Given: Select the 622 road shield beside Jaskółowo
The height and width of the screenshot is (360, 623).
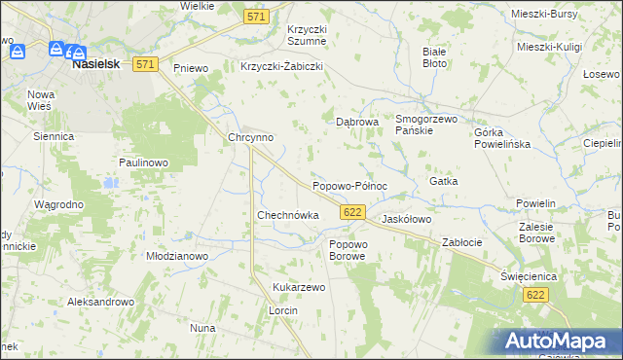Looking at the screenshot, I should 353,212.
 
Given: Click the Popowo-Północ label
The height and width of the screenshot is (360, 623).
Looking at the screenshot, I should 349,186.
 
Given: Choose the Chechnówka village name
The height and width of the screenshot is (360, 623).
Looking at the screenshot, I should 287,215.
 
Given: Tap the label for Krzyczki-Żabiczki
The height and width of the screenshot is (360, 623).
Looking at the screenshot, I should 281,67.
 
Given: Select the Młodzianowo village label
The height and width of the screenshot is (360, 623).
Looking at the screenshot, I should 177,256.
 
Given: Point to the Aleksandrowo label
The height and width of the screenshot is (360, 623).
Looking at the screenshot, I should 100,303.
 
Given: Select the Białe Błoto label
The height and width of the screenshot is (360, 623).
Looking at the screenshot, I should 435,56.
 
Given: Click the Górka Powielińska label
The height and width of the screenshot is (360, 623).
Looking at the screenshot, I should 500,138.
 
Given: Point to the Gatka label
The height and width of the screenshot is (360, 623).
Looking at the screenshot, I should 443,182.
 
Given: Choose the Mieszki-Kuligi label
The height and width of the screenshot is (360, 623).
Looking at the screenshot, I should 549,47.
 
